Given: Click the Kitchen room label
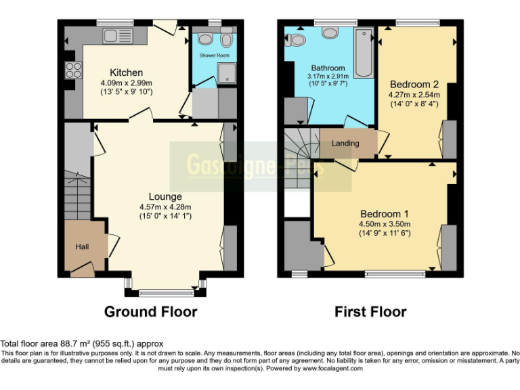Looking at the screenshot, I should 127,72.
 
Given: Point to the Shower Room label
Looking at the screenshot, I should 214,54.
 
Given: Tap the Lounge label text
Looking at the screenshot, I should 165,196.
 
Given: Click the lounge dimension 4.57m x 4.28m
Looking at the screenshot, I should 165,207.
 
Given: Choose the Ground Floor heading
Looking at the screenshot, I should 150,312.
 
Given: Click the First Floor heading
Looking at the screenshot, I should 370,312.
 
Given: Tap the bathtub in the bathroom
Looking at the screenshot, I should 364,53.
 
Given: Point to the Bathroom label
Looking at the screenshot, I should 328,68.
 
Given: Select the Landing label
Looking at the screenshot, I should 345,144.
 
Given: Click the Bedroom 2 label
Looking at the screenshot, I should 414,85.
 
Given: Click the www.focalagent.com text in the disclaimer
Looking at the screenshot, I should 332,369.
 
